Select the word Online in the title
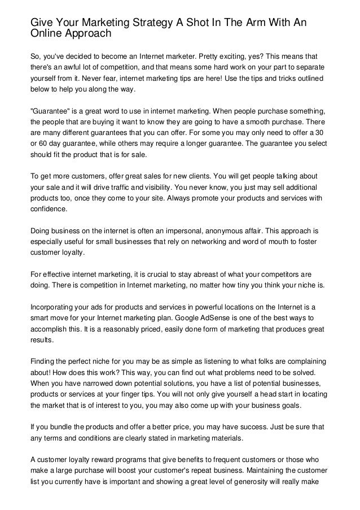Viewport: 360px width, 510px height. point(47,34)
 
